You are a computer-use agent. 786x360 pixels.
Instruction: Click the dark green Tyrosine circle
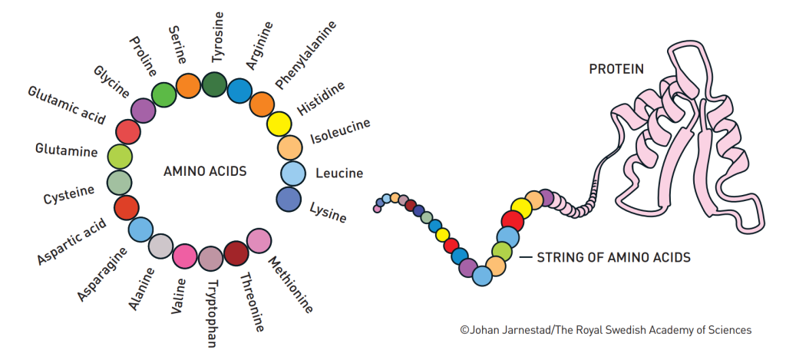pyautogui.click(x=214, y=84)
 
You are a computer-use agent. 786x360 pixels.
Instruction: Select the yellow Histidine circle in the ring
pyautogui.click(x=279, y=124)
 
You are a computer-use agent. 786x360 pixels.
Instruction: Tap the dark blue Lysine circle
pyautogui.click(x=288, y=199)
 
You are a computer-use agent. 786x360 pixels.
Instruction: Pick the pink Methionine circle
pyautogui.click(x=259, y=240)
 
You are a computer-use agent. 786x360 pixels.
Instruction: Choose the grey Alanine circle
pyautogui.click(x=160, y=246)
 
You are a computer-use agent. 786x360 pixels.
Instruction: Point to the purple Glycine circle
pyautogui.click(x=144, y=111)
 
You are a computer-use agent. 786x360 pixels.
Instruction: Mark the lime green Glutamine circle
pyautogui.click(x=120, y=157)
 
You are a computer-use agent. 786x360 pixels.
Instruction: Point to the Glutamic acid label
pyautogui.click(x=66, y=105)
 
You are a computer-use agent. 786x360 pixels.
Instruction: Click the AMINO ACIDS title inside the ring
pyautogui.click(x=205, y=171)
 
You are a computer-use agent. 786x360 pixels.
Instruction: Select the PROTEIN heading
pyautogui.click(x=616, y=70)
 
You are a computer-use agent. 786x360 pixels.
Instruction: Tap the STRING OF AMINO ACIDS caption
pyautogui.click(x=613, y=257)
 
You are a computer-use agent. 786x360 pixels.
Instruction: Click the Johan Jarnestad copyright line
pyautogui.click(x=606, y=330)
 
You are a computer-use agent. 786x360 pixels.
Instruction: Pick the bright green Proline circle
pyautogui.click(x=163, y=94)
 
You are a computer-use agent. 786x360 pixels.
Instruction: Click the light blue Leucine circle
pyautogui.click(x=292, y=173)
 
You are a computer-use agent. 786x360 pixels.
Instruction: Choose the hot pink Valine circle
pyautogui.click(x=185, y=256)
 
